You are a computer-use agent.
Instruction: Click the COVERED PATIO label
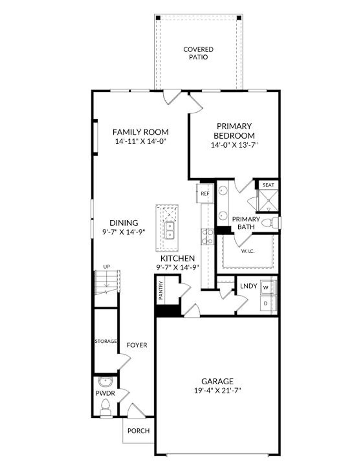198,53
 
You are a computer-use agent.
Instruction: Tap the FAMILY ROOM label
141,132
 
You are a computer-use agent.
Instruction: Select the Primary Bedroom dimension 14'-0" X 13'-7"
234,145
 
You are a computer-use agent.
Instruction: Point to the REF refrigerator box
205,194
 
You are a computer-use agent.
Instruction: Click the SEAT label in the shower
268,185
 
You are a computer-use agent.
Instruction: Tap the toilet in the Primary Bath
271,223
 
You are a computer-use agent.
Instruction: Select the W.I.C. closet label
248,251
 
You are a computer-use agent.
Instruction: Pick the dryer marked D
266,304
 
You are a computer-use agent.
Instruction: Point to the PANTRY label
161,290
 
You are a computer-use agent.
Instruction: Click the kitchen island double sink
170,230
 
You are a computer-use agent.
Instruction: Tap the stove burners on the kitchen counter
208,237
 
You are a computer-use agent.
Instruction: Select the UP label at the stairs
106,266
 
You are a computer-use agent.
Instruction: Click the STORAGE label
106,341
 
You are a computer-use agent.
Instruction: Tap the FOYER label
137,345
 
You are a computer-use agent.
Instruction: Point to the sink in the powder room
105,382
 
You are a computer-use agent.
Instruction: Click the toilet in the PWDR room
105,406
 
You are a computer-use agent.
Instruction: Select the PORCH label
138,431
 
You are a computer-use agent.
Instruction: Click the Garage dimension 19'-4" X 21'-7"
218,390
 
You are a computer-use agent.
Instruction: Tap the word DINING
124,223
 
